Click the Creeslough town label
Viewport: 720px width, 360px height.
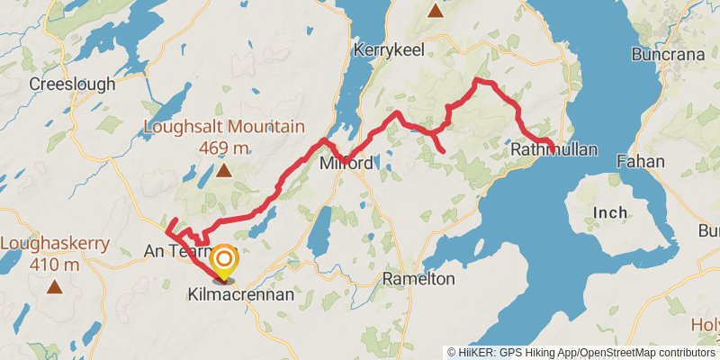tap(72, 84)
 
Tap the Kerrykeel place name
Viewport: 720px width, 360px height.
tap(388, 49)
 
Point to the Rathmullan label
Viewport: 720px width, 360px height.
tap(553, 151)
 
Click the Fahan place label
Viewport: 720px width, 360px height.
tap(641, 162)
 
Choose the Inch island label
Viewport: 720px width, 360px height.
tap(608, 212)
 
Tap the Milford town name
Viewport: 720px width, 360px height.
tap(346, 164)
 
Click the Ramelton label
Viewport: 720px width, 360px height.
tap(418, 279)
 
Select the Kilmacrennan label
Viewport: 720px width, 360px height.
tap(229, 294)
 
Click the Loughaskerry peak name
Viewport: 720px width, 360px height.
tap(56, 243)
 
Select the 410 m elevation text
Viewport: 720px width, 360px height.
tap(56, 265)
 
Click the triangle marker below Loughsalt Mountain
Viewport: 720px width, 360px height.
tap(223, 170)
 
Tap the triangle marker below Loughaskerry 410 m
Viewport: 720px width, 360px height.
tap(56, 287)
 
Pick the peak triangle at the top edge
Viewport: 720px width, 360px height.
tap(436, 11)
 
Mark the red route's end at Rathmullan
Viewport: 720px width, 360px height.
tap(552, 150)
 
